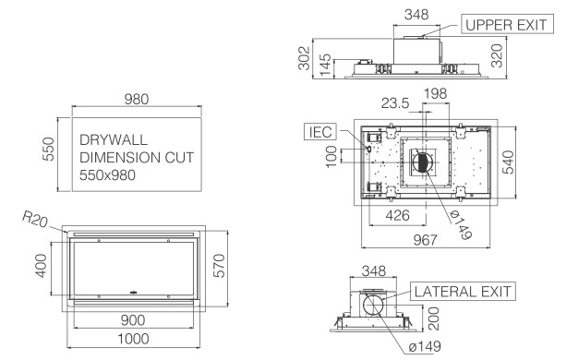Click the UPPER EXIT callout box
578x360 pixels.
pos(507,24)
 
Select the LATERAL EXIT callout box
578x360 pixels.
pos(463,292)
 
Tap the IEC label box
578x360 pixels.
pos(320,132)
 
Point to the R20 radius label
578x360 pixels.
pos(35,220)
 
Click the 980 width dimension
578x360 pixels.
pos(137,99)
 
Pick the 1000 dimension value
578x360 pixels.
pos(133,339)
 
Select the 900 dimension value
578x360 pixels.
pos(133,320)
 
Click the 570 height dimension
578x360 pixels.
pos(219,266)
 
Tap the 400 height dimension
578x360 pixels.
pos(41,266)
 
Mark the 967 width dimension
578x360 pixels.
pos(425,240)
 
